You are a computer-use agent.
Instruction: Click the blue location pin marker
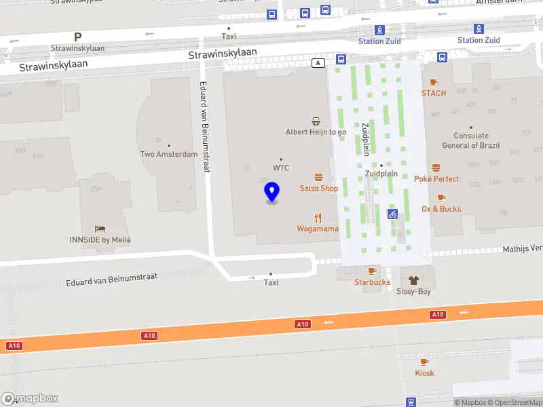tap(272, 192)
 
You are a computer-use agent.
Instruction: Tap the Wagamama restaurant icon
tap(318, 218)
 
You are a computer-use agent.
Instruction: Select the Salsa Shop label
tap(319, 188)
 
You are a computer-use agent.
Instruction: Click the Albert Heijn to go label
tap(316, 132)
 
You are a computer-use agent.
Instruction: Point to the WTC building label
tap(281, 167)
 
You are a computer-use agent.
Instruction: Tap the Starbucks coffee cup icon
tap(371, 271)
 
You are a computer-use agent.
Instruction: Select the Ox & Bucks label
tap(441, 209)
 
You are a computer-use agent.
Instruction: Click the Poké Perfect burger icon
tap(436, 168)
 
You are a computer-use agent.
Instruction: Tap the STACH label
tap(434, 93)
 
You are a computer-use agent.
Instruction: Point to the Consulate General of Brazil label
tap(471, 141)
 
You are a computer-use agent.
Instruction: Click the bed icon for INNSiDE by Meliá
tap(100, 229)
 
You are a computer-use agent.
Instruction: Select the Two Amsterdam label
tap(168, 154)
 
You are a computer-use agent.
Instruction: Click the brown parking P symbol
tap(77, 37)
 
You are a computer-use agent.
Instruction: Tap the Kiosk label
tap(425, 373)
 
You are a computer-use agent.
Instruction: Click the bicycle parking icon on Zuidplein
tap(392, 214)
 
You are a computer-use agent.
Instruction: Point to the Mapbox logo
tap(30, 399)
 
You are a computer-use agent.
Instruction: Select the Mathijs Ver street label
tap(522, 250)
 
